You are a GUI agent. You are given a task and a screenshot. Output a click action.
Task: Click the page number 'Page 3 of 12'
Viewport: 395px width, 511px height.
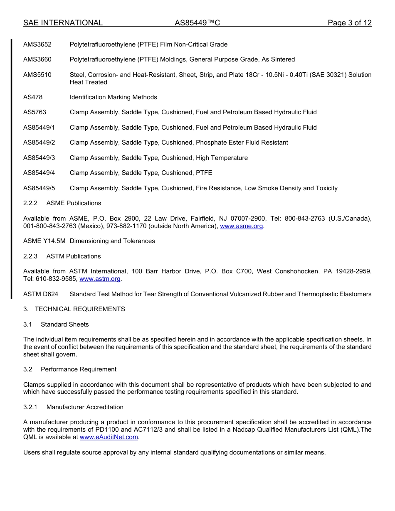click(x=349, y=23)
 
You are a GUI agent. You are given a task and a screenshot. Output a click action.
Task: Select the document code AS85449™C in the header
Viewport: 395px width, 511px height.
click(x=197, y=23)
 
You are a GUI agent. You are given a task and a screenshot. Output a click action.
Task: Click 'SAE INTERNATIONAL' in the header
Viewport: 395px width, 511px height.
click(x=63, y=23)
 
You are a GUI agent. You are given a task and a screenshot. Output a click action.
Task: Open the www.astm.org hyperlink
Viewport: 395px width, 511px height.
click(x=100, y=279)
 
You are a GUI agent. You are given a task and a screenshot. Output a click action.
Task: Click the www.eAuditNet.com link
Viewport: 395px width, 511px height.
click(x=109, y=437)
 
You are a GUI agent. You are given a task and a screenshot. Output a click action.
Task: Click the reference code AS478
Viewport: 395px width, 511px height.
click(x=33, y=97)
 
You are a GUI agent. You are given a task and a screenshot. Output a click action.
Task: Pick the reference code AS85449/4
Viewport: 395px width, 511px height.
click(x=39, y=173)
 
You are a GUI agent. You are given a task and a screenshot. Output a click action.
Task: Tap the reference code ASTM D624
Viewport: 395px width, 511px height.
click(x=41, y=294)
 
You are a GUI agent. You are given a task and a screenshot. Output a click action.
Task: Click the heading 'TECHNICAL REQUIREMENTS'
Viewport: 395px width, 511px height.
click(x=80, y=309)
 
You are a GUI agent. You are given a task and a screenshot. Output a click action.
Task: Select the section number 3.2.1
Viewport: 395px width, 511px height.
click(x=30, y=407)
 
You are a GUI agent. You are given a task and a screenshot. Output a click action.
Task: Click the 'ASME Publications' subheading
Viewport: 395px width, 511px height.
click(x=74, y=203)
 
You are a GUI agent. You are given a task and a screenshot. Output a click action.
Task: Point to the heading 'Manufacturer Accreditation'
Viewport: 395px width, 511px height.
click(x=85, y=407)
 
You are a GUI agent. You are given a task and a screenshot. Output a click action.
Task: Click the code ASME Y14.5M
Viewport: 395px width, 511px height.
click(x=44, y=241)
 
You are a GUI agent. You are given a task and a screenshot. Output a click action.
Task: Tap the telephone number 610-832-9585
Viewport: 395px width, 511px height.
click(x=56, y=279)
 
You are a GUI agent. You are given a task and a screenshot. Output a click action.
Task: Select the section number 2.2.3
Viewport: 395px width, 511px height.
click(x=30, y=256)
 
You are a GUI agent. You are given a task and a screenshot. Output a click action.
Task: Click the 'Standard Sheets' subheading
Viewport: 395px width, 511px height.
click(x=64, y=324)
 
